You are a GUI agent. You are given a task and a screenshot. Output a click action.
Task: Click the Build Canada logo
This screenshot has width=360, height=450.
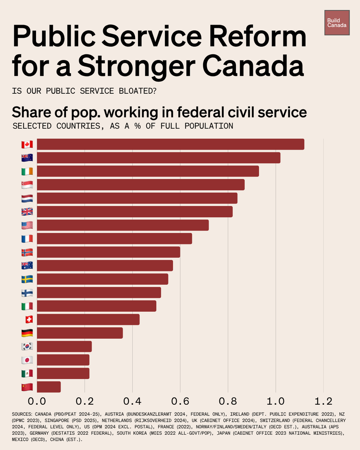tap(337, 23)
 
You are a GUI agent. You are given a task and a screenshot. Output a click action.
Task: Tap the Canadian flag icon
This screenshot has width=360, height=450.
tap(27, 144)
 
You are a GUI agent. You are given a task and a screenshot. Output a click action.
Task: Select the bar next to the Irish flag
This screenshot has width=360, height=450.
tap(148, 171)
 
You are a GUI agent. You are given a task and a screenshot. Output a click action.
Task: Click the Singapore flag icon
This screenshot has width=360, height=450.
tap(27, 185)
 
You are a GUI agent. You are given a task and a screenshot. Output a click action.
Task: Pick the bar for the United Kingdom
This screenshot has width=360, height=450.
tap(135, 211)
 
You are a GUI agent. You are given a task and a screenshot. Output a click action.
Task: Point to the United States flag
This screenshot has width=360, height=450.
tap(27, 225)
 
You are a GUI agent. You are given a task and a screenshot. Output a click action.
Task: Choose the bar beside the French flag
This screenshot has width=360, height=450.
tap(114, 238)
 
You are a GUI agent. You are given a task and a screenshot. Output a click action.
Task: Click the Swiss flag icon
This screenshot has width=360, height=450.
tap(27, 319)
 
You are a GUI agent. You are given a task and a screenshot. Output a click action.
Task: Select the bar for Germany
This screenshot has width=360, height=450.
tap(80, 333)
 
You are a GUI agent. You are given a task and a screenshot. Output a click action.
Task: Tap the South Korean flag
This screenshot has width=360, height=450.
tap(27, 346)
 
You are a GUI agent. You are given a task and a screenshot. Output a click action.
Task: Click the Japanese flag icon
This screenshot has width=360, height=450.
tap(27, 360)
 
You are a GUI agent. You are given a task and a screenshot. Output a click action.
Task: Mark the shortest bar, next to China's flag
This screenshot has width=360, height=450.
tap(49, 387)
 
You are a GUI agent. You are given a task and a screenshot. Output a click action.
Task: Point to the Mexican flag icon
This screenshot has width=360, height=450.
tap(27, 373)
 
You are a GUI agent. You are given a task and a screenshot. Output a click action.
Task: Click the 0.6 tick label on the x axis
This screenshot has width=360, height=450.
tap(180, 402)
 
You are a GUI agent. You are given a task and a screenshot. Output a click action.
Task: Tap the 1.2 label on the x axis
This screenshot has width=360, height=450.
tap(323, 402)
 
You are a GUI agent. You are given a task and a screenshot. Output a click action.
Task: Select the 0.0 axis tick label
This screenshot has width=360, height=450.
tap(37, 402)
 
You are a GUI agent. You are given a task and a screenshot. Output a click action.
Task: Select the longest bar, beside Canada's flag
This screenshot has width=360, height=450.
tap(171, 144)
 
